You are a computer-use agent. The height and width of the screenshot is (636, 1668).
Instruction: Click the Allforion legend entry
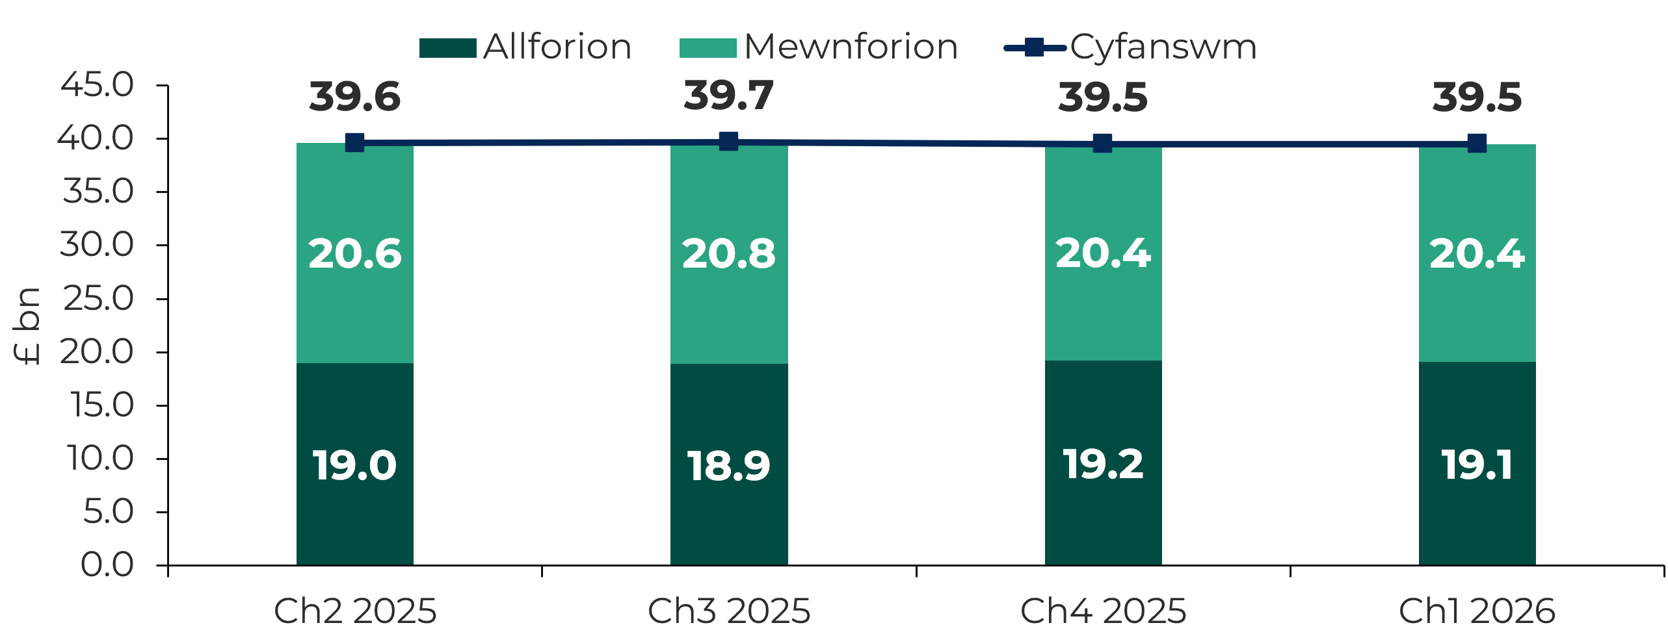pyautogui.click(x=525, y=47)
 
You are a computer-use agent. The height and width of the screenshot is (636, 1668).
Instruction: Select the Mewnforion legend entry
pyautogui.click(x=819, y=47)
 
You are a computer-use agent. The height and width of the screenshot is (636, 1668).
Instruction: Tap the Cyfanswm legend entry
pyautogui.click(x=1131, y=47)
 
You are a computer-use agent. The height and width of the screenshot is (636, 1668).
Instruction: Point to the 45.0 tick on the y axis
pyautogui.click(x=97, y=84)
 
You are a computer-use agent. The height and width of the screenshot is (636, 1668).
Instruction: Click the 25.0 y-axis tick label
pyautogui.click(x=97, y=298)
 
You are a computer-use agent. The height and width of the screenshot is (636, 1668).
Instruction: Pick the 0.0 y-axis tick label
pyautogui.click(x=107, y=565)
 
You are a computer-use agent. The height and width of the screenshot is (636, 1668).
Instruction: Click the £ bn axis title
pyautogui.click(x=27, y=326)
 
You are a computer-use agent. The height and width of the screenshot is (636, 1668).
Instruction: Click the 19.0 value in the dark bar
pyautogui.click(x=354, y=465)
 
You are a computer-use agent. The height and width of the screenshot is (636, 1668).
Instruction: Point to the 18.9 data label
pyautogui.click(x=729, y=466)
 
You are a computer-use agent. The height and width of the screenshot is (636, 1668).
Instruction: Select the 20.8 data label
pyautogui.click(x=729, y=253)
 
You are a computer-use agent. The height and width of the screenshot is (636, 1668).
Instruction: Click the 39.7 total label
pyautogui.click(x=729, y=95)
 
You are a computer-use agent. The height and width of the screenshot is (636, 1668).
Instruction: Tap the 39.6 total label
pyautogui.click(x=354, y=97)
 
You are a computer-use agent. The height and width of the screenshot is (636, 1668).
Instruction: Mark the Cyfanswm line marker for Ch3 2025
pyautogui.click(x=728, y=142)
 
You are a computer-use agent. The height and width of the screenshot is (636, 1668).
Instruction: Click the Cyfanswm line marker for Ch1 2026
pyautogui.click(x=1477, y=144)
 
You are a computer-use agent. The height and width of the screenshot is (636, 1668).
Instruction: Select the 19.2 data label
pyautogui.click(x=1103, y=464)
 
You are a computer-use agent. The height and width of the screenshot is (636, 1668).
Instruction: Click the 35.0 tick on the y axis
pyautogui.click(x=97, y=192)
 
